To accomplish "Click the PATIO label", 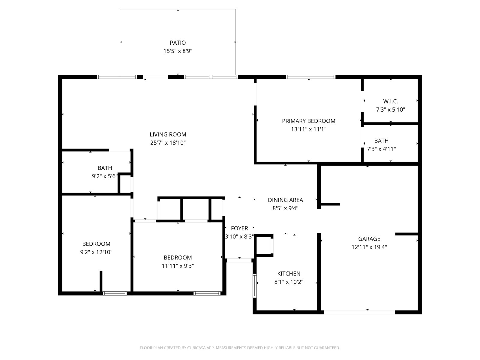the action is [x=178, y=43].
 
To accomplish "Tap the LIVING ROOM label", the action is [x=168, y=134].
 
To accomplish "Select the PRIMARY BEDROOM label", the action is [x=308, y=121].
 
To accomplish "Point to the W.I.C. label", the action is [x=390, y=101].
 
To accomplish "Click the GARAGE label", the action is [x=369, y=239].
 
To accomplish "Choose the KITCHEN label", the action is [x=289, y=273].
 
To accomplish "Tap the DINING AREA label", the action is [x=285, y=200].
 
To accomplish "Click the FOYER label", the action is [x=239, y=228].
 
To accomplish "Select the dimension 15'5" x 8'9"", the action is [x=178, y=51].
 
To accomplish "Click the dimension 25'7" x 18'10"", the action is [x=168, y=143].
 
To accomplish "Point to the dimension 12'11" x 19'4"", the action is [x=369, y=247].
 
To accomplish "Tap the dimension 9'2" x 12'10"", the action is [x=96, y=252].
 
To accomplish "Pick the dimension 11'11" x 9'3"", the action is [x=178, y=266].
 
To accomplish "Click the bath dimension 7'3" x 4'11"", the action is [x=381, y=149].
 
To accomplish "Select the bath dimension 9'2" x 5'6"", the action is [x=104, y=176].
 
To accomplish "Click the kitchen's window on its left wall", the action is [x=254, y=286].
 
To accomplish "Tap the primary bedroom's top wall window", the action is [x=310, y=77].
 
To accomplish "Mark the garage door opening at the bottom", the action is [x=359, y=312].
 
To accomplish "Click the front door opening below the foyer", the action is [x=239, y=260].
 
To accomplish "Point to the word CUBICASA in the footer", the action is [x=196, y=348].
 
